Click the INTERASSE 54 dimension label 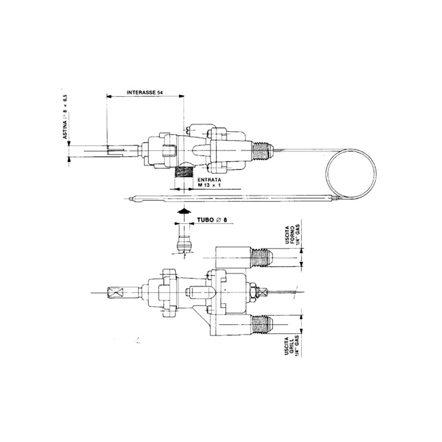(145, 92)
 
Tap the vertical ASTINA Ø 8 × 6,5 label (65, 117)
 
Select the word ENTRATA (209, 180)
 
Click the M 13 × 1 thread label (209, 185)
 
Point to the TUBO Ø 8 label (212, 220)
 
